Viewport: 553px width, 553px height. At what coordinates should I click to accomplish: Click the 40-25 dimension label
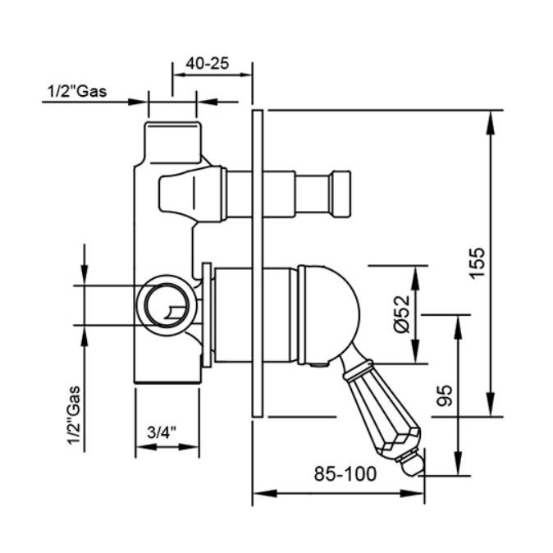(208, 64)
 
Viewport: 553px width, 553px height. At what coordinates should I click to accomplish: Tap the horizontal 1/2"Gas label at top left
(77, 91)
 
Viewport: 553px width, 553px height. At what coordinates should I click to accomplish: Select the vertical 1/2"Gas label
(75, 416)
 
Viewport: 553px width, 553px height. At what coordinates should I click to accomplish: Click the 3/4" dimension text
(162, 432)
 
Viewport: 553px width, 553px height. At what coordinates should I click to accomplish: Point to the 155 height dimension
(478, 263)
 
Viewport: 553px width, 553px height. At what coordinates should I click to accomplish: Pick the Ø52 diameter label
(402, 314)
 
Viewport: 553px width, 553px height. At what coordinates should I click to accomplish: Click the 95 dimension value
(444, 395)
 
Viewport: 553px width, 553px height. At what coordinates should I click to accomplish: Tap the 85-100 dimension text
(345, 473)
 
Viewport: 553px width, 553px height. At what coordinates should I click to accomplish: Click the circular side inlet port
(163, 305)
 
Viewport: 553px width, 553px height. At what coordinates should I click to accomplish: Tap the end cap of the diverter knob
(340, 194)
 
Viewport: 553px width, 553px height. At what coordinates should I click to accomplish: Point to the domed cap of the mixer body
(328, 314)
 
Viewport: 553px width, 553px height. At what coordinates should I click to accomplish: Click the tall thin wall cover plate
(258, 263)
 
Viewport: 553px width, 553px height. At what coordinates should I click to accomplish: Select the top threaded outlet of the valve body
(172, 142)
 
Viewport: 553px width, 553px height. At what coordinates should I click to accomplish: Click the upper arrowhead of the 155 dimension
(490, 122)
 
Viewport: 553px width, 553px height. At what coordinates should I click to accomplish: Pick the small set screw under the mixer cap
(319, 365)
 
